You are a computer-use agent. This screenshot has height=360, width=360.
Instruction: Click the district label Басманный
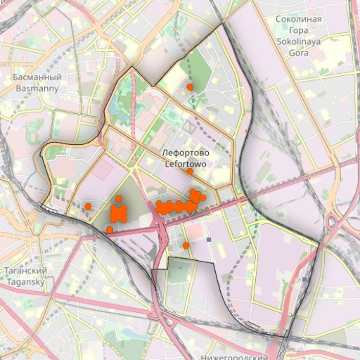coord(37,77)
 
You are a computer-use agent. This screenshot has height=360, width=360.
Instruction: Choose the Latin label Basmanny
coord(37,89)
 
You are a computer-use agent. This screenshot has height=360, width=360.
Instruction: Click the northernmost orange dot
coord(190,86)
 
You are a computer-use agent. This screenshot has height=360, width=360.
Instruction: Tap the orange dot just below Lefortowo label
coord(190,172)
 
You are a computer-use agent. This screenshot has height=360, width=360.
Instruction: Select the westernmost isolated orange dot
coord(89,206)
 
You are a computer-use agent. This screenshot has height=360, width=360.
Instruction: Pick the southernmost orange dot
coord(186,245)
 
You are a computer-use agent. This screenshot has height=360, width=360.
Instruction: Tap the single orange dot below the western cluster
coord(110,230)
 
